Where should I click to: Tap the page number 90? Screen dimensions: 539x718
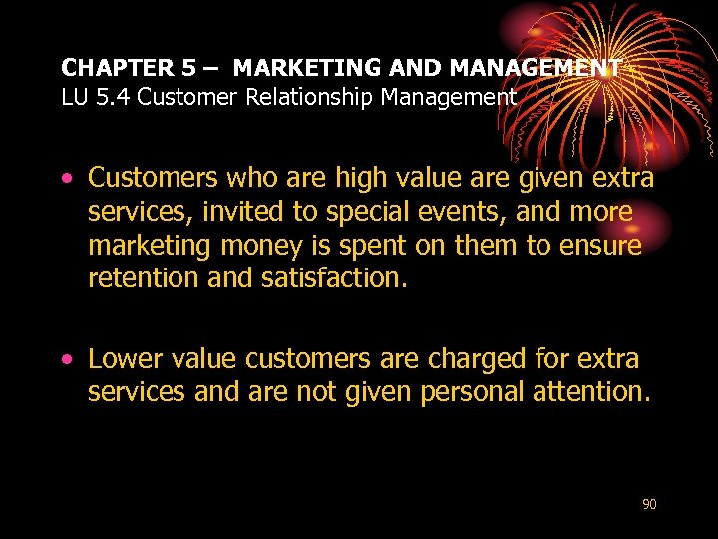click(649, 504)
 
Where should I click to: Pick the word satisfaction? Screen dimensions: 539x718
click(334, 277)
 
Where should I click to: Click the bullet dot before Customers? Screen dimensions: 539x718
click(66, 179)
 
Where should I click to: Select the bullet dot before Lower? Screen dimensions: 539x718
click(66, 359)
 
